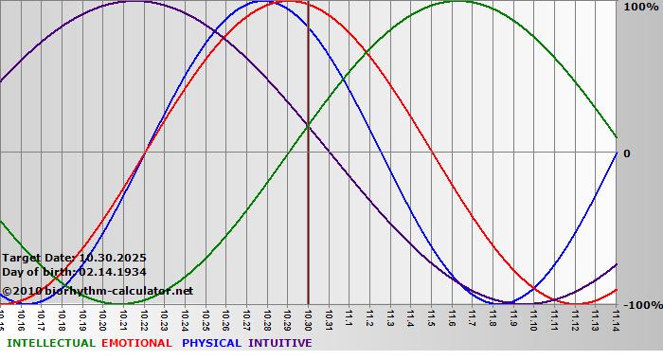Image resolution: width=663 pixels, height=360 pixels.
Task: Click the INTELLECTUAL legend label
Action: pos(49,343)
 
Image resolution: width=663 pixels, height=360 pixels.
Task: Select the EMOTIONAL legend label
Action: pos(136,343)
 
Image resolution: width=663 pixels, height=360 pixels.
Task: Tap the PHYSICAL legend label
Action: pos(211,343)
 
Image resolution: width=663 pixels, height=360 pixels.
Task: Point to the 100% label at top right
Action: pos(641,8)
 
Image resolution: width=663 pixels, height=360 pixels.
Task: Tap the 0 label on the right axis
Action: pos(625,153)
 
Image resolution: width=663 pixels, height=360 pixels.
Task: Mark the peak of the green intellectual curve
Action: pos(457,2)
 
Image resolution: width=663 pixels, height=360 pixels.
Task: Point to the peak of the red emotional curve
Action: pos(286,2)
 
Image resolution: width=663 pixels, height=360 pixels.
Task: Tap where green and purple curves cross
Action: pos(309,125)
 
